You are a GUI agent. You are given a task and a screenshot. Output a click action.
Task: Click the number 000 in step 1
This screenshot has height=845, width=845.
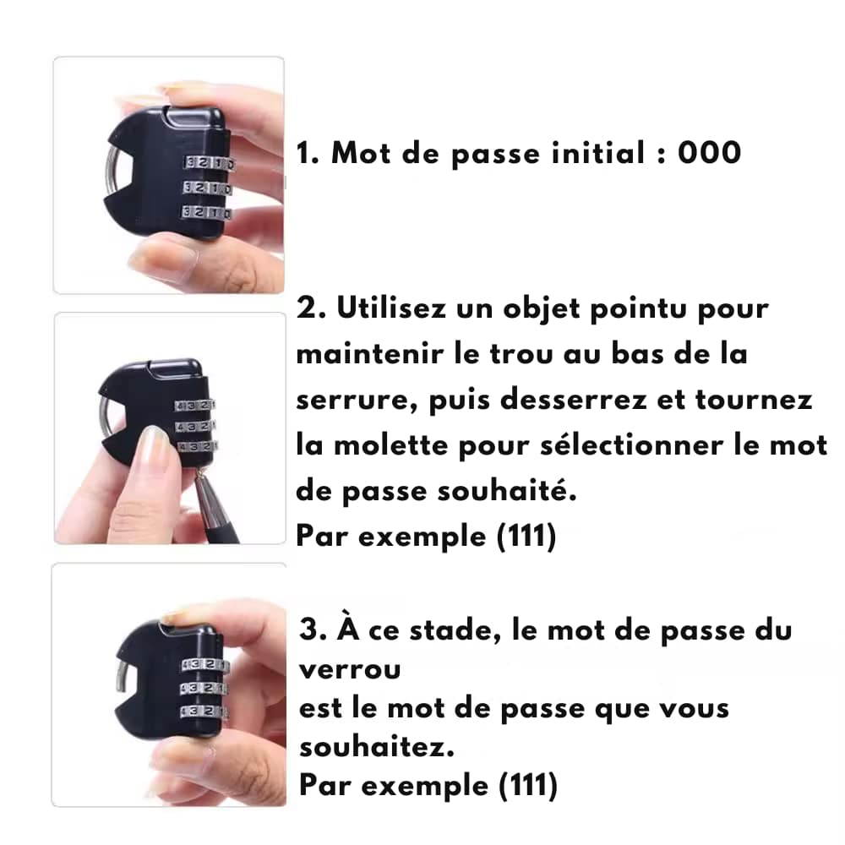(709, 152)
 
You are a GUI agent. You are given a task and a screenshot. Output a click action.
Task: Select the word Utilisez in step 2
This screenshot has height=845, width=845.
(391, 308)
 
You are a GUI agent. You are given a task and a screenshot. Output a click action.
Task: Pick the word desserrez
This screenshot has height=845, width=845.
(574, 400)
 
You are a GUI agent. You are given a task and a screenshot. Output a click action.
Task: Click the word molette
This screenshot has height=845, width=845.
(390, 445)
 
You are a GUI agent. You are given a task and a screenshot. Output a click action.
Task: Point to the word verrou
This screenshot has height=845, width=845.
(350, 670)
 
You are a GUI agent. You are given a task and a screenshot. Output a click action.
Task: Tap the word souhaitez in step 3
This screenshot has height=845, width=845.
(377, 747)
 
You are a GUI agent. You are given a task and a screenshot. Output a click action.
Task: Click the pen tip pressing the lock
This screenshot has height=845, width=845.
(201, 472)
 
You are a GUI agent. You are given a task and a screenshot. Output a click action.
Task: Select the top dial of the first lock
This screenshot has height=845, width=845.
(209, 163)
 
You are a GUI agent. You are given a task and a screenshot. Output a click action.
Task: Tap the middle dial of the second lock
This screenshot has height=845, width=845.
(195, 426)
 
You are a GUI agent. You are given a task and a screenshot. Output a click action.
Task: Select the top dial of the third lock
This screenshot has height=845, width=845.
(204, 666)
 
